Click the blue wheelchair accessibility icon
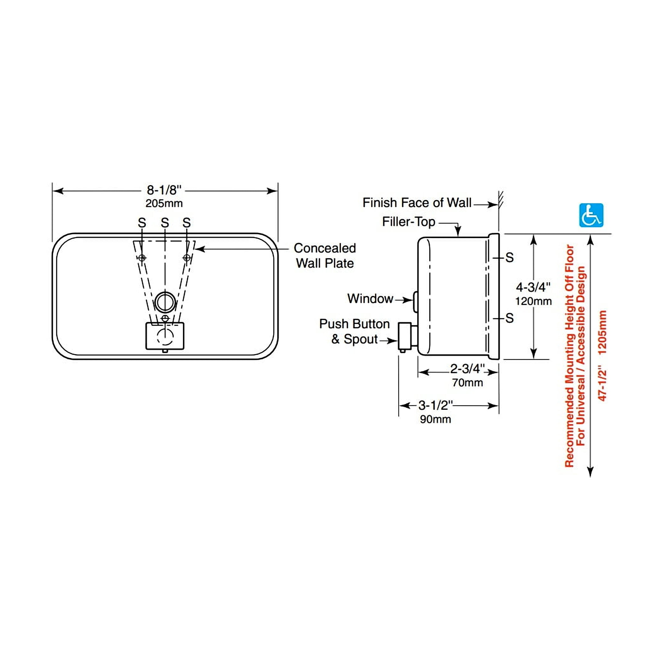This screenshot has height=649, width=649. click(x=591, y=215)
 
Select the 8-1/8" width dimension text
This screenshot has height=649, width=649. click(x=164, y=190)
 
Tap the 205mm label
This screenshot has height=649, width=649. click(x=164, y=203)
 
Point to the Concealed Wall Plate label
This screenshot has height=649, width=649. click(x=325, y=256)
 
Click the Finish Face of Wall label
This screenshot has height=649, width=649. click(x=417, y=203)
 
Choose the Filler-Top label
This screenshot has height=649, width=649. click(x=408, y=222)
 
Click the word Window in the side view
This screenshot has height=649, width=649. click(x=370, y=298)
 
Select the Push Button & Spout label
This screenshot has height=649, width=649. click(x=354, y=331)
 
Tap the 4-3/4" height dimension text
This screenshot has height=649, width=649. click(x=533, y=287)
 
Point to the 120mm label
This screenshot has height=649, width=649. click(x=533, y=301)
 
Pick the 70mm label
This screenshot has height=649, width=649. click(x=467, y=382)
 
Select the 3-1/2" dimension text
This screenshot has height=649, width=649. click(x=436, y=405)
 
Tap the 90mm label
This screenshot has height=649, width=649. click(x=435, y=419)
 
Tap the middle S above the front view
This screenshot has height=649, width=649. click(x=164, y=222)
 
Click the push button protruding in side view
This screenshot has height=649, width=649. click(x=405, y=336)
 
